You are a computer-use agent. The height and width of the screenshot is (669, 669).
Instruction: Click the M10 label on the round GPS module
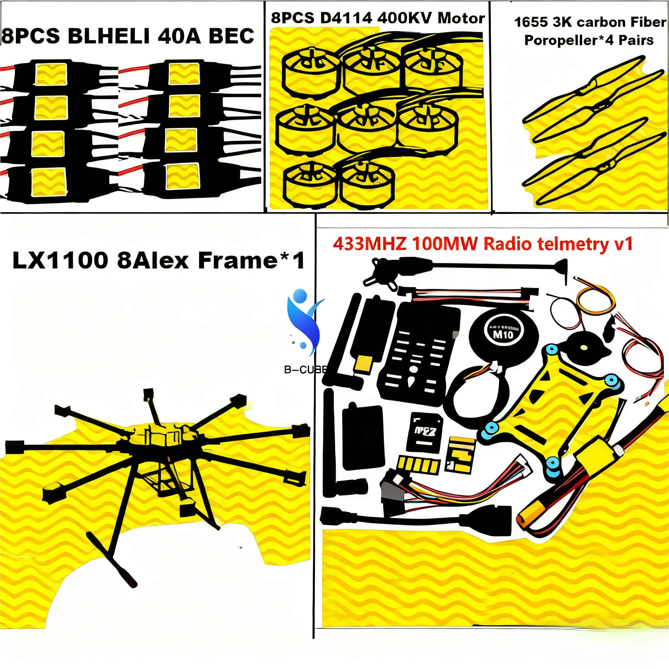click(x=503, y=335)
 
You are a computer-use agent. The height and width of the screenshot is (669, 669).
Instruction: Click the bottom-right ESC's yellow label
click(x=183, y=177)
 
